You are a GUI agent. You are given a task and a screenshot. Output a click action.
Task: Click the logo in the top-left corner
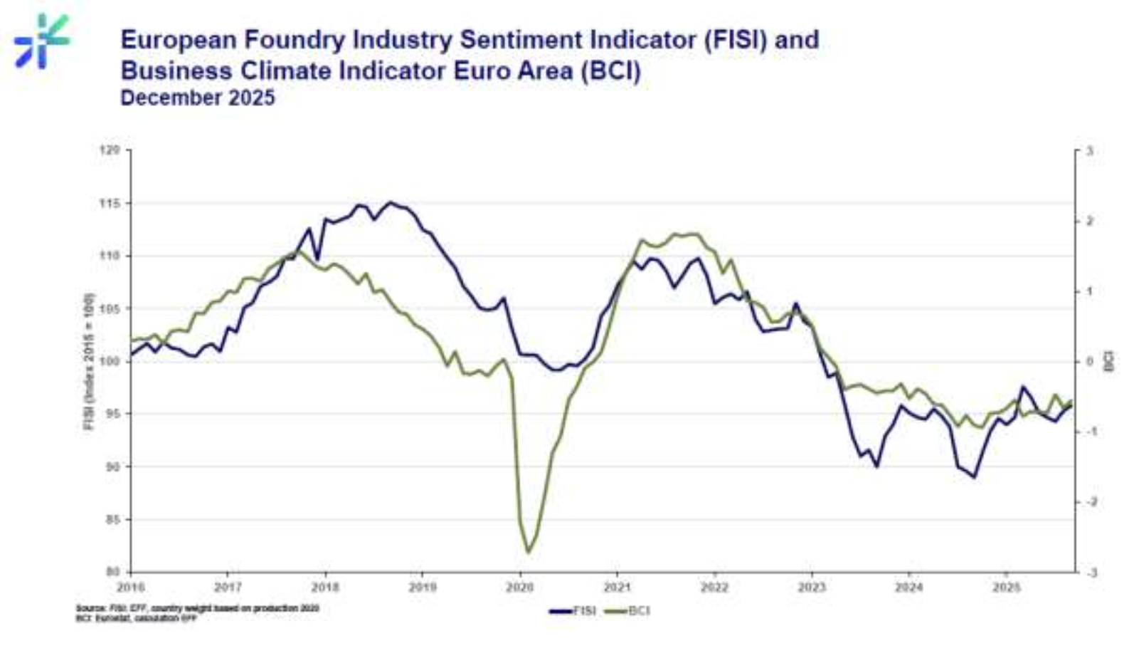pyautogui.click(x=41, y=41)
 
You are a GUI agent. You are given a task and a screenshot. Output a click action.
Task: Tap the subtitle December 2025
pyautogui.click(x=197, y=98)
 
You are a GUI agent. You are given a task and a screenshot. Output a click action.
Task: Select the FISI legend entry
pyautogui.click(x=573, y=611)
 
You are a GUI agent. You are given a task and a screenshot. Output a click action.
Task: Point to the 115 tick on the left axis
pyautogui.click(x=109, y=203)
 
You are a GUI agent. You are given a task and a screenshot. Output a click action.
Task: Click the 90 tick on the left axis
pyautogui.click(x=111, y=466)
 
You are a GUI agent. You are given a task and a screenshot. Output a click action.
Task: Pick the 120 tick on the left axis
pyautogui.click(x=109, y=150)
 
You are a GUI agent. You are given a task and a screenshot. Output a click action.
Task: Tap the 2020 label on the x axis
pyautogui.click(x=519, y=588)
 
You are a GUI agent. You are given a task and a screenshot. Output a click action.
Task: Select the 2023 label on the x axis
pyautogui.click(x=811, y=588)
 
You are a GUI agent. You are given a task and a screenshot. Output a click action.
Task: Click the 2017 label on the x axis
pyautogui.click(x=228, y=588)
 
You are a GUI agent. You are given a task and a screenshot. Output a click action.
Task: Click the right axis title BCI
pyautogui.click(x=1108, y=360)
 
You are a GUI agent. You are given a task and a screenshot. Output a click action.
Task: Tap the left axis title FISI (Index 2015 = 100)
pyautogui.click(x=90, y=361)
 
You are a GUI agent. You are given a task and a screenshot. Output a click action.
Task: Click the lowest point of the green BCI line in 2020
pyautogui.click(x=528, y=552)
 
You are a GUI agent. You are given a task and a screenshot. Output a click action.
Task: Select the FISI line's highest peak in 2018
pyautogui.click(x=389, y=202)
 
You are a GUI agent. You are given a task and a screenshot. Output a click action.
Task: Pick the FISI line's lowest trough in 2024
pyautogui.click(x=974, y=476)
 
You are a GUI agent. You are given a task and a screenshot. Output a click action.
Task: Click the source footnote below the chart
pyautogui.click(x=197, y=613)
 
